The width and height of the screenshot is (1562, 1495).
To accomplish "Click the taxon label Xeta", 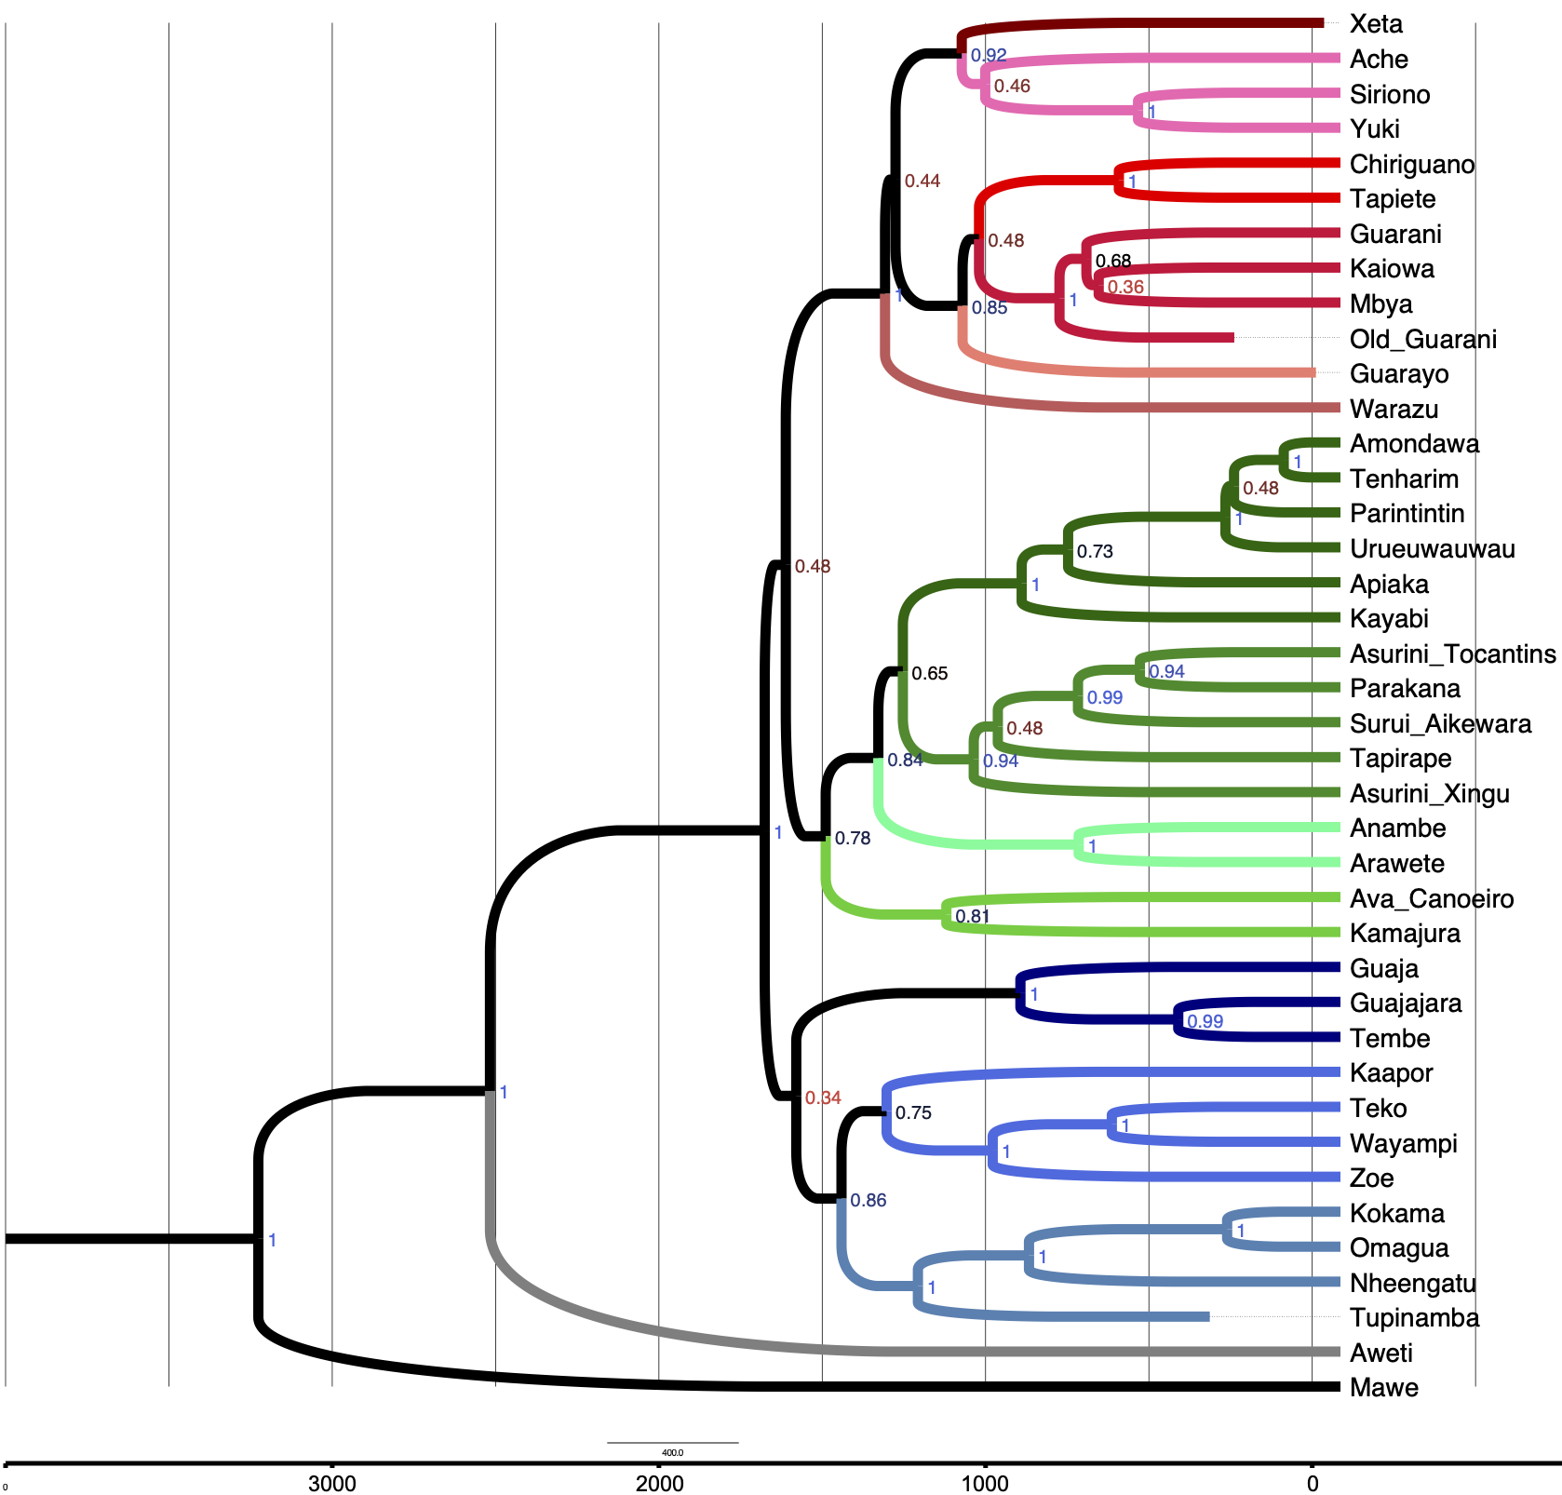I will [1376, 24].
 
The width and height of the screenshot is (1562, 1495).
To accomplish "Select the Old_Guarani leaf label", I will [1422, 339].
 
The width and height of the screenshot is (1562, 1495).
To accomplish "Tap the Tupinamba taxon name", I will [1414, 1318].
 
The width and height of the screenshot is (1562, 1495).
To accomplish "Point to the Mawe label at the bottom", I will [1383, 1388].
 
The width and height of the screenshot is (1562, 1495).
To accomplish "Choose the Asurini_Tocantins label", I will [1452, 654].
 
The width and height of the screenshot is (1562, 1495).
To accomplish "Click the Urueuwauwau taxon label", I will [1432, 549].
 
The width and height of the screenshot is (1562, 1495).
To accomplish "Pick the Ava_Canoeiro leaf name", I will [1431, 899].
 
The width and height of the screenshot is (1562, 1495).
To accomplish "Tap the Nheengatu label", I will [1412, 1284].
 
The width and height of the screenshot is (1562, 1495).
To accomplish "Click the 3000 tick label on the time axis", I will [332, 1483].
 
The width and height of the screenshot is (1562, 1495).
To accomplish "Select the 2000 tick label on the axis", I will [659, 1483].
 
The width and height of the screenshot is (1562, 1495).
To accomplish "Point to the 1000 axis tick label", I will [985, 1483].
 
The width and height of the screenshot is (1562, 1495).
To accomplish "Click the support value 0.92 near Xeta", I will [989, 56].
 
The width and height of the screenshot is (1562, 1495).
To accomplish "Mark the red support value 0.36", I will [1125, 288].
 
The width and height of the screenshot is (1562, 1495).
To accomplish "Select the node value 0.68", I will [1113, 262].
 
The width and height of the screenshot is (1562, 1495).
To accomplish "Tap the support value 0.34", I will [823, 1098].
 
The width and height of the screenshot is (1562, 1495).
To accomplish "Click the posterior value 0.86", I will [868, 1201].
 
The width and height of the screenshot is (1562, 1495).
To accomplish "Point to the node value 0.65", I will [929, 674].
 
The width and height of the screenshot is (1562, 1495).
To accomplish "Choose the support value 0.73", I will [1095, 552].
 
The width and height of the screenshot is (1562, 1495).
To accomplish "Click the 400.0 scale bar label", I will [672, 1452].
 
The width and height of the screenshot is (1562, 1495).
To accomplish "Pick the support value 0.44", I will [922, 182].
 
